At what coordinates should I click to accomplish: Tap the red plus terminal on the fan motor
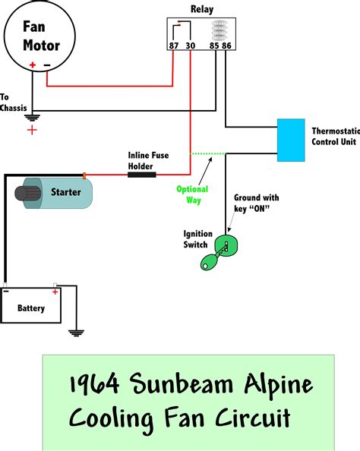(x=33, y=66)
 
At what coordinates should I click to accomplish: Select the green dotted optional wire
(x=207, y=154)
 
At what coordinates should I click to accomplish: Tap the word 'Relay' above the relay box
(x=201, y=9)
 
